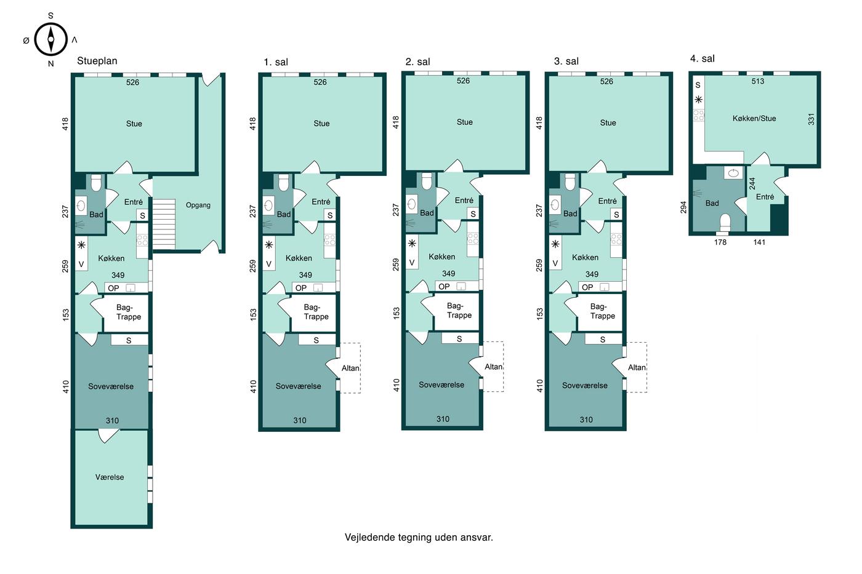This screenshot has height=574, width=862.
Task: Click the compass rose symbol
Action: pos(50,39)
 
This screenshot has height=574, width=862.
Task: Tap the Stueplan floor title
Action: pos(97,61)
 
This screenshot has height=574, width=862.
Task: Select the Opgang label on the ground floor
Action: pos(198,205)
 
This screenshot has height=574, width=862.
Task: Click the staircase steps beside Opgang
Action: pos(164,224)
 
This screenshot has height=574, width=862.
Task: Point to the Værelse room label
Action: pos(110,477)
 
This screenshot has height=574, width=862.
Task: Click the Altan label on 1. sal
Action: pos(350,368)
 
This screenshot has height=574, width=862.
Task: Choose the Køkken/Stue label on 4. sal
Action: pos(754,118)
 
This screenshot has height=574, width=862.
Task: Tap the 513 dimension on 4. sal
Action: pos(758,81)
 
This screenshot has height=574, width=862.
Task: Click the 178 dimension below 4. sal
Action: pos(720,242)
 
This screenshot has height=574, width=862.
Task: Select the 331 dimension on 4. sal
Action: pos(812,119)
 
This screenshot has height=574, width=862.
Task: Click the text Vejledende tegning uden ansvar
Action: pos(419,537)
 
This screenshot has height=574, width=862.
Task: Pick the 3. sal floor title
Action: pos(566,61)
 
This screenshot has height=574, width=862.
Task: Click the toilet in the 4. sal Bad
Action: pos(725,223)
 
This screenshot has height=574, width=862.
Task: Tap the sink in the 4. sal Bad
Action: pos(733,173)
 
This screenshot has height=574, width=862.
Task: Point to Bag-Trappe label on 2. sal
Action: pos(459,311)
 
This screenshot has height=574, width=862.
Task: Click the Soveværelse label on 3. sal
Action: pos(584,385)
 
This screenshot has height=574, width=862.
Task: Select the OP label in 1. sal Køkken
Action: pos(301,288)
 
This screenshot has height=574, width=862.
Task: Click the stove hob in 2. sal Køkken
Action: pos(473,238)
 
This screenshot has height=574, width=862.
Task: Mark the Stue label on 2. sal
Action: pos(464,122)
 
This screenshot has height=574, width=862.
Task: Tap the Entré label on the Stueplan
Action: pos(134,202)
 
